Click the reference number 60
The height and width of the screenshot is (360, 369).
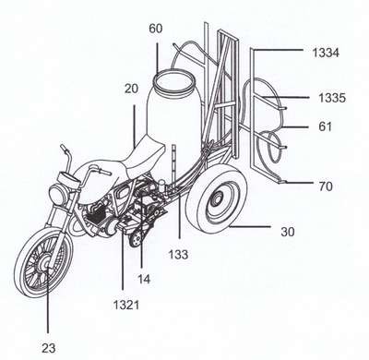click(x=156, y=29)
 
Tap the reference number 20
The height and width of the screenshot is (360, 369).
click(x=131, y=89)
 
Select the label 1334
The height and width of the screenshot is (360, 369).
click(x=326, y=53)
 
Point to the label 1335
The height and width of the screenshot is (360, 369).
click(x=332, y=98)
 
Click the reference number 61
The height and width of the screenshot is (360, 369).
click(x=325, y=126)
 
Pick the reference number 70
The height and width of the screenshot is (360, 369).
click(x=326, y=186)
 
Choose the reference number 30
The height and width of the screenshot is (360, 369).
click(x=288, y=232)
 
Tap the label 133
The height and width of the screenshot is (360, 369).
click(x=178, y=255)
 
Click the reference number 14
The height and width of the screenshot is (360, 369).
click(x=144, y=279)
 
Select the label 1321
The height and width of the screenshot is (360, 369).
click(x=126, y=305)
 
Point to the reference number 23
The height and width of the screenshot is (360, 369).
click(x=49, y=348)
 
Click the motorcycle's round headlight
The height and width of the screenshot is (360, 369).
click(x=59, y=194)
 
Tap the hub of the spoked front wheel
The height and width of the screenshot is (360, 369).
click(x=45, y=265)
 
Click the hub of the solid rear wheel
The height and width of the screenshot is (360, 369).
click(x=217, y=200)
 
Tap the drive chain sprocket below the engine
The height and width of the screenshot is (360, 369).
click(x=136, y=239)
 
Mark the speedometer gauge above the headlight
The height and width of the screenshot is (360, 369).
click(x=68, y=179)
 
